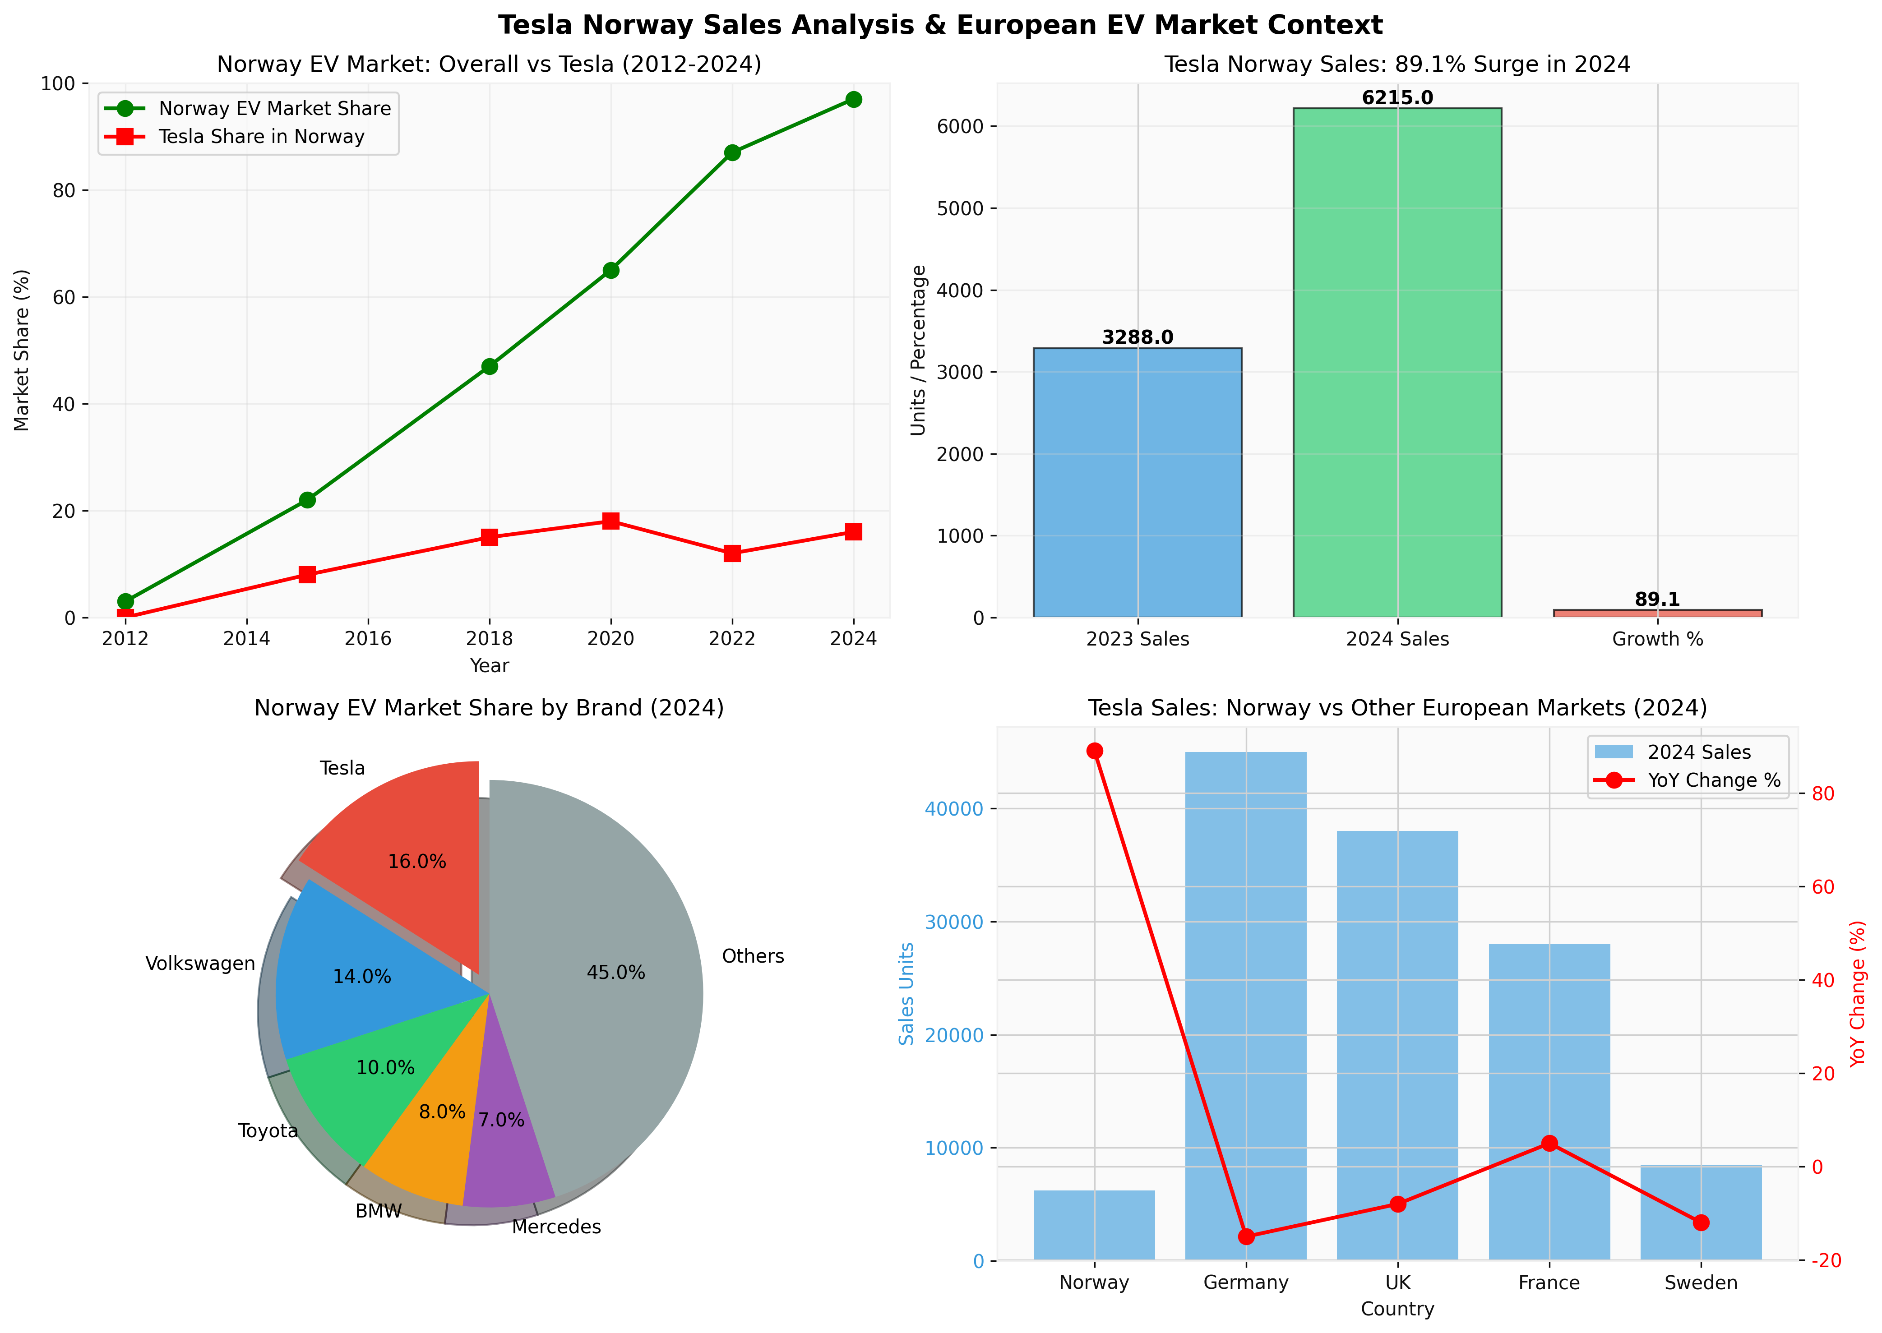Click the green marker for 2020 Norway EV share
(x=610, y=270)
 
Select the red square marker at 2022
(x=731, y=553)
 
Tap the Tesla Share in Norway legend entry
(x=261, y=136)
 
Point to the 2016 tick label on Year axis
(x=368, y=639)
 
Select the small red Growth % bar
(x=1657, y=613)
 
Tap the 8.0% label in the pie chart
(x=442, y=1112)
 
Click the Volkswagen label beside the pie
(x=200, y=964)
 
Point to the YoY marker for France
(x=1549, y=1144)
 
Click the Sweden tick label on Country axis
(x=1701, y=1283)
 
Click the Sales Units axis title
(x=906, y=993)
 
